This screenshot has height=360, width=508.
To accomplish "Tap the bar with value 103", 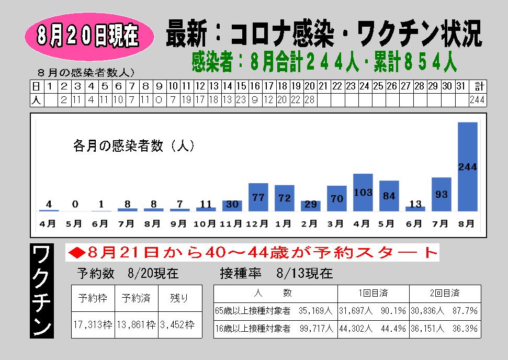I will (x=363, y=192).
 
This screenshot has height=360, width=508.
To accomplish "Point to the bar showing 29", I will (x=310, y=205).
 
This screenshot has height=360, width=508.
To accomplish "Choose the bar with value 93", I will (x=441, y=194).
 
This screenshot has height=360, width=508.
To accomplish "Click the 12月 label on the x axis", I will (x=257, y=224).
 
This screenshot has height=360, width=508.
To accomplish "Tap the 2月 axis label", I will (x=310, y=224).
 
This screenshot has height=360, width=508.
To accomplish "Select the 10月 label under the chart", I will (x=205, y=224).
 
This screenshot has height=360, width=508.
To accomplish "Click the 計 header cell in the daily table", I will (x=477, y=86).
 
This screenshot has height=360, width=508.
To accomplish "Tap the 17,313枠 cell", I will (x=93, y=325).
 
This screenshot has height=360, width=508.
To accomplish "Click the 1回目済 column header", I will (x=373, y=293).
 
